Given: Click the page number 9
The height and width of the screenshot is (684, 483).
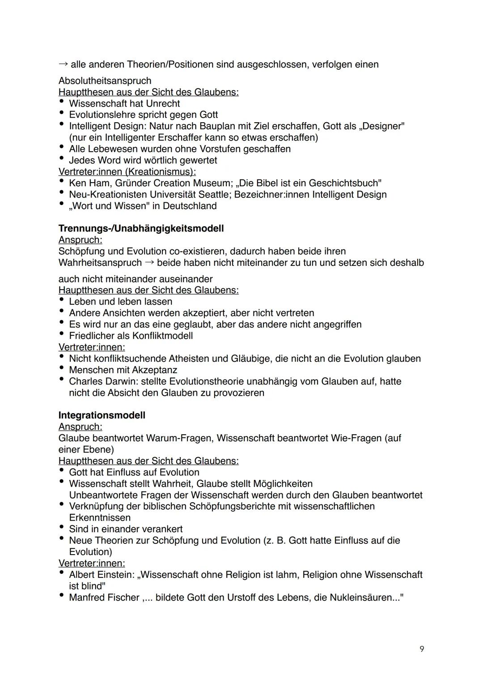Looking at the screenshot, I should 422,649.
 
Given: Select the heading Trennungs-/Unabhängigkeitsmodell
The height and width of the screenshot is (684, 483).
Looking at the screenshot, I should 141,228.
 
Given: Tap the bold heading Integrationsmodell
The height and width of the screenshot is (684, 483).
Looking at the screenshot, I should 102,415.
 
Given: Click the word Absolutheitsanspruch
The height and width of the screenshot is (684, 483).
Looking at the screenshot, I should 105,81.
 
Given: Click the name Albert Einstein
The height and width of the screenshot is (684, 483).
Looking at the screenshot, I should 102,574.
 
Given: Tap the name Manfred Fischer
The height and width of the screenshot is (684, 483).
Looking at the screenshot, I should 104,598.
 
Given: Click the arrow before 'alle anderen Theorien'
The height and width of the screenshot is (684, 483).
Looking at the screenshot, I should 63,64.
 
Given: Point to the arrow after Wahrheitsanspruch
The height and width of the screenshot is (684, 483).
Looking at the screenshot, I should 149,262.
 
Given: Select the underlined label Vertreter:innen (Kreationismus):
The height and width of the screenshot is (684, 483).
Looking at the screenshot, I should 127,171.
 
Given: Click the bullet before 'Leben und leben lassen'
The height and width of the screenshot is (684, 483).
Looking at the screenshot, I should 61,301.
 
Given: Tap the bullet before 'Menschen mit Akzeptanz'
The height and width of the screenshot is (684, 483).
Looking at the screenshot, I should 61,369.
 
